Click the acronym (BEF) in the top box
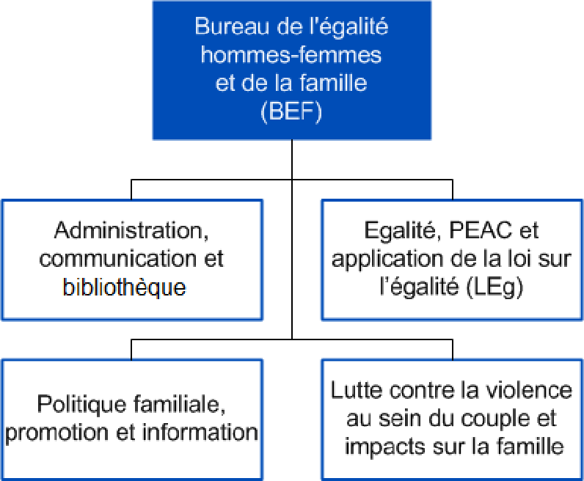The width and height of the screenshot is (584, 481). (x=291, y=111)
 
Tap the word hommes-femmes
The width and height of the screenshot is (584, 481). (x=291, y=55)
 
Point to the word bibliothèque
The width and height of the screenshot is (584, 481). (x=124, y=287)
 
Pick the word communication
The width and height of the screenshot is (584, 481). (x=117, y=258)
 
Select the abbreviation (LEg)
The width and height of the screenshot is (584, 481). (x=494, y=287)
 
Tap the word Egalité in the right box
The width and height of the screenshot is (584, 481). (x=404, y=231)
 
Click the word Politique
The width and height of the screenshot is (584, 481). (x=81, y=405)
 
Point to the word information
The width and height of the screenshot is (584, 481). (x=200, y=432)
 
